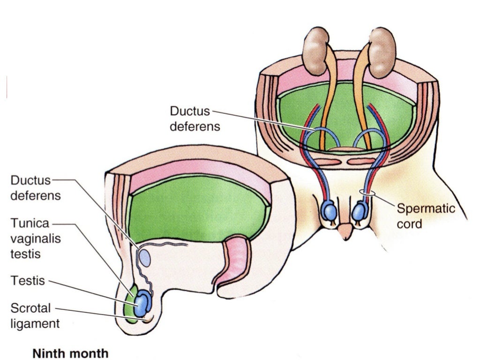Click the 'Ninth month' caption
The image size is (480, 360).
(x=70, y=353)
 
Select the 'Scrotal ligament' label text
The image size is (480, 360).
(x=35, y=316)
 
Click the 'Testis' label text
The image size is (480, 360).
(x=28, y=281)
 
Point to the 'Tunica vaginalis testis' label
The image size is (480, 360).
(x=35, y=239)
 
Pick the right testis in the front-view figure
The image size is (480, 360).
(x=360, y=211)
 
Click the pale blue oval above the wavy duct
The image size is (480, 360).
(x=144, y=258)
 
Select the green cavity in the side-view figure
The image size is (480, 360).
(x=197, y=206)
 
